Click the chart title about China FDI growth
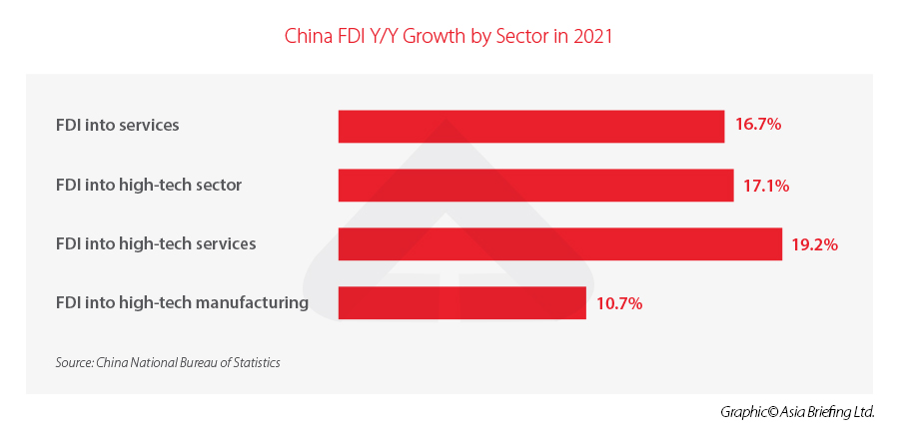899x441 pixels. pos(449,37)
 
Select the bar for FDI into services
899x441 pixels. pos(530,126)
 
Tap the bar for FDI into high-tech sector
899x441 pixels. pos(535,186)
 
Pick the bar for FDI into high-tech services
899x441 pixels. pos(559,244)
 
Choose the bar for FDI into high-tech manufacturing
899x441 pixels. pos(461,302)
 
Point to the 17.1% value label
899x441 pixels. pos(766,186)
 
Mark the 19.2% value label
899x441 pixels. pos(814,244)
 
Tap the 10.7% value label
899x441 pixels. pos(618,302)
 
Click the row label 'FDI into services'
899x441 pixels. pos(117,126)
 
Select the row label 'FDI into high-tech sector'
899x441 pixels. pos(149,185)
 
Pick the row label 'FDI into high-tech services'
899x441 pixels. pos(156,243)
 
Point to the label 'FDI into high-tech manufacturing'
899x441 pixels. pos(182,301)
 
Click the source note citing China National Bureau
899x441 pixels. pos(168,362)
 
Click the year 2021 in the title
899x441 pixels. pos(590,37)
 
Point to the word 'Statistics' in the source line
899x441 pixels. pos(256,362)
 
